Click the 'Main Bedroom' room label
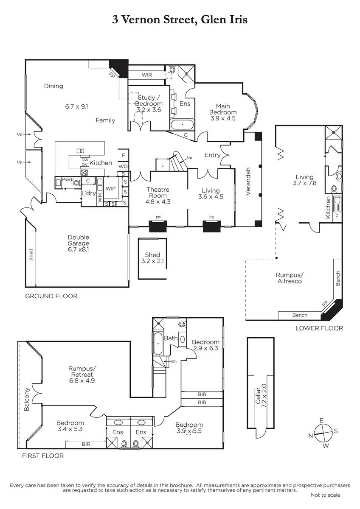coord(223,109)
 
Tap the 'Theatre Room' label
coord(158,193)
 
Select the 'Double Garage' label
coord(79,240)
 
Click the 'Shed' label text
coord(152,255)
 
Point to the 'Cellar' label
coord(258,395)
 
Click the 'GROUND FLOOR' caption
coord(51,296)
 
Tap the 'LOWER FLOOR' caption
coord(319,328)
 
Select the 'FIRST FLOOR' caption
coord(43,456)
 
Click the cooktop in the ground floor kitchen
coord(84,173)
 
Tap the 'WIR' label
coord(147,75)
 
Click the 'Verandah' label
coord(248,182)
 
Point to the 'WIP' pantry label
coord(110,189)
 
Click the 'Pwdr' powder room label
coord(68,179)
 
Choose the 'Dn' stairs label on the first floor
coord(174,361)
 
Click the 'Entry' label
coord(212,155)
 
